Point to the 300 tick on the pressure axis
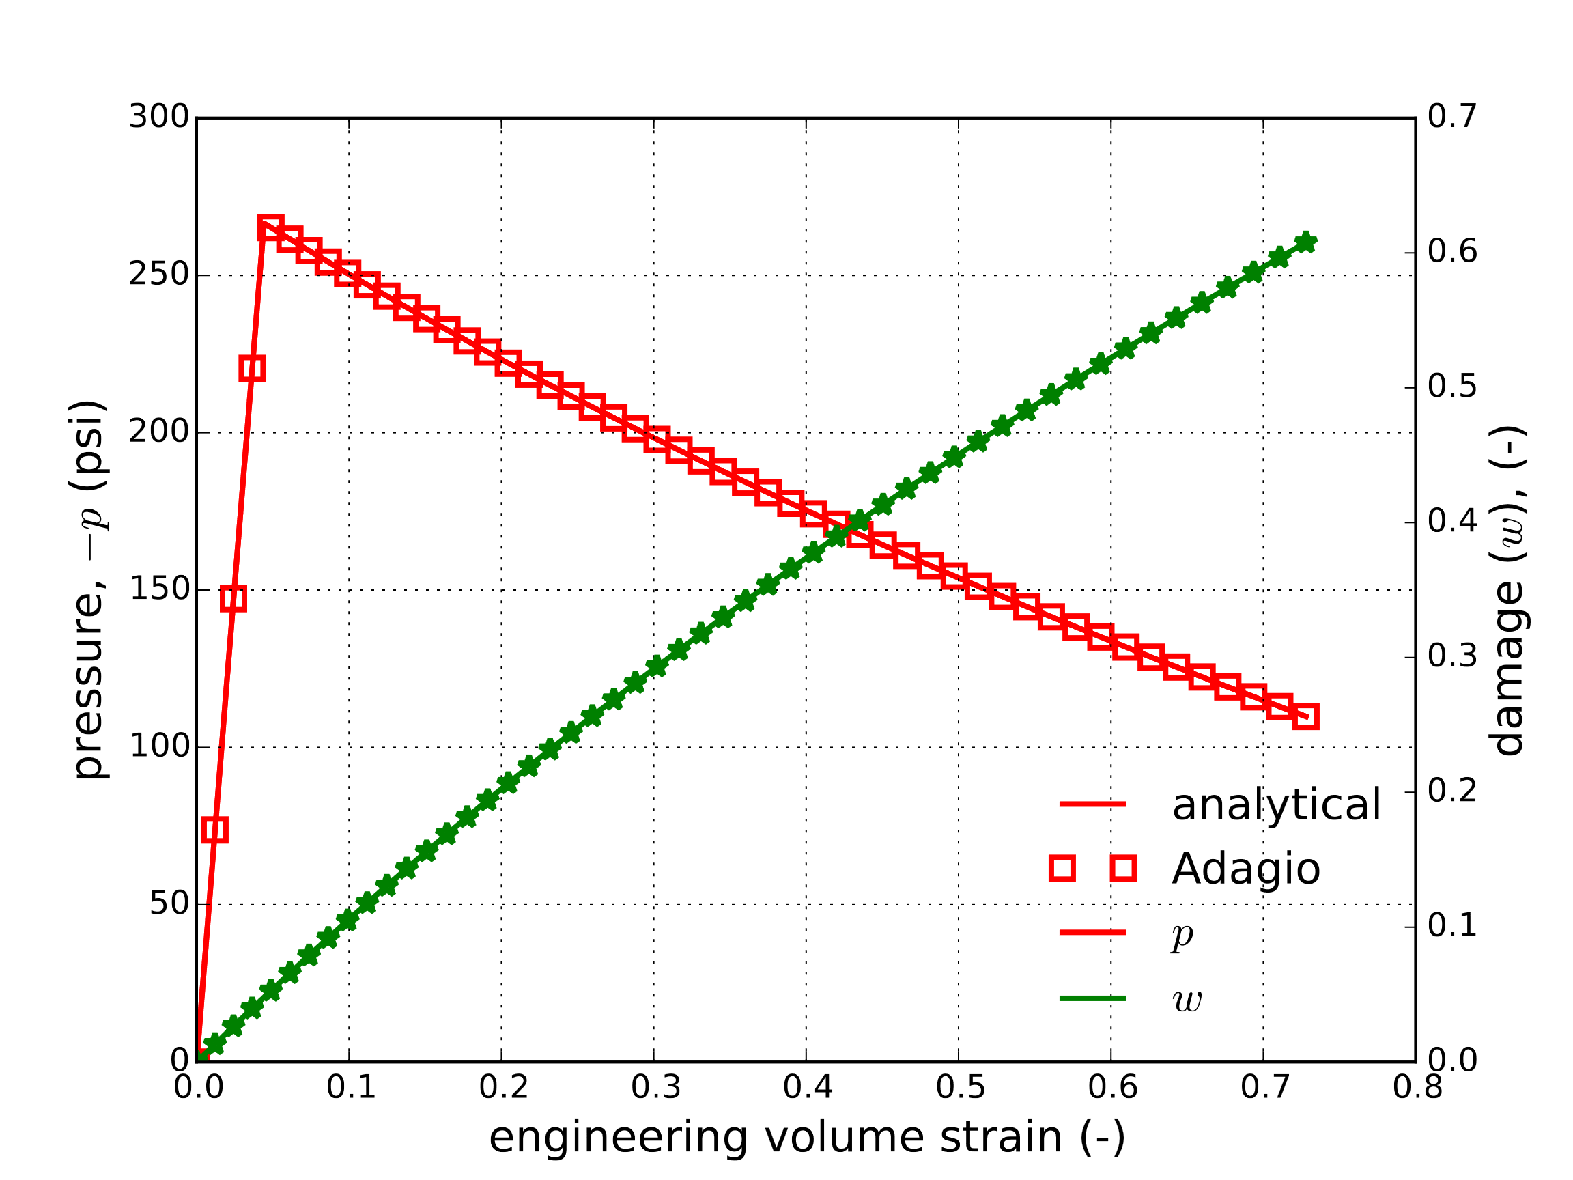158,117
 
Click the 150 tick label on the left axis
158,589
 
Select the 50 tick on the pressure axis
169,903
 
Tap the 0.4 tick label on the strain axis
807,1088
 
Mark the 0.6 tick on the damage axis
1452,252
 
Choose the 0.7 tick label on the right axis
1452,117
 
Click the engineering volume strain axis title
806,1136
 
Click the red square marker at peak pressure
270,228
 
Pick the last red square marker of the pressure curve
1305,716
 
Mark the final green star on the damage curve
1305,242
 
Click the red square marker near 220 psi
253,369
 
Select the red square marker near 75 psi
215,829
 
